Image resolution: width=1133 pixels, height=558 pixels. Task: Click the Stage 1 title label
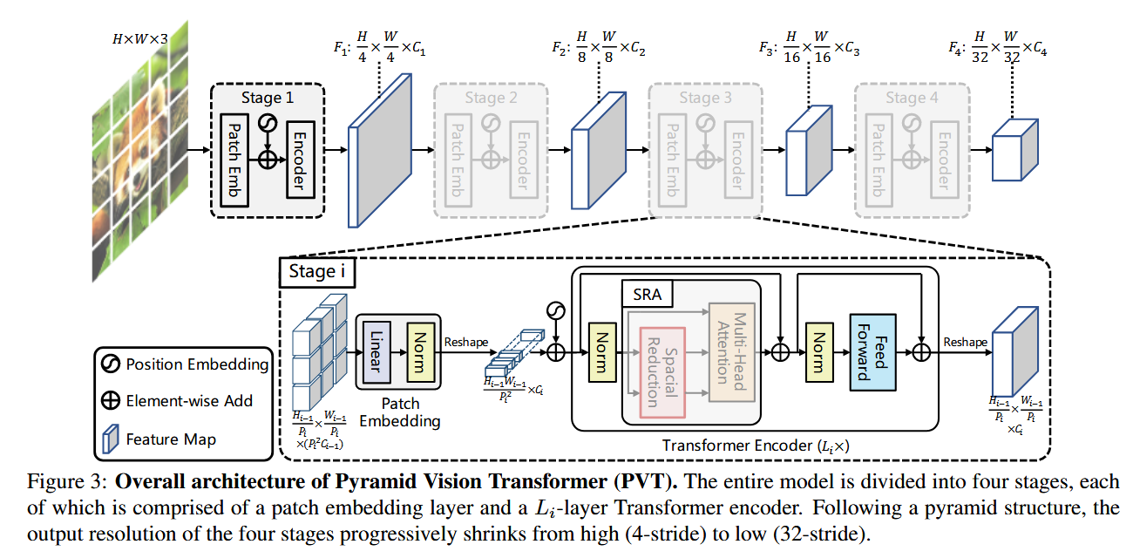[267, 97]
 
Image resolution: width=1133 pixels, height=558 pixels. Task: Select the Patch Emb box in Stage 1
[234, 160]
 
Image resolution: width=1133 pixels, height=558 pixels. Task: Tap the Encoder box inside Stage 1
[301, 160]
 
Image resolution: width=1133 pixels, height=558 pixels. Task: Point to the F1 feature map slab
[380, 151]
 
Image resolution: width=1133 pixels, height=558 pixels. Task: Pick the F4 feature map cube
[1014, 150]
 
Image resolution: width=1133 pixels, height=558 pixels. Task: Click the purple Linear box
[377, 352]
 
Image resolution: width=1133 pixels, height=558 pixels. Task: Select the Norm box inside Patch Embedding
[421, 352]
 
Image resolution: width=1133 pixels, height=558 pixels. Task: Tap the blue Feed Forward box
[872, 352]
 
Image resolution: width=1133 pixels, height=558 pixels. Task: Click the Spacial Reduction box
[662, 372]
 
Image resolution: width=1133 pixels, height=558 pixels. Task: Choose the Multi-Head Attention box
[732, 352]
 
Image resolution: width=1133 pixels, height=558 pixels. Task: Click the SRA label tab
[647, 295]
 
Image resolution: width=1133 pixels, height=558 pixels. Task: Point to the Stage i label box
[317, 272]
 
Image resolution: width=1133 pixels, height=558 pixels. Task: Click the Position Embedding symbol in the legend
[111, 364]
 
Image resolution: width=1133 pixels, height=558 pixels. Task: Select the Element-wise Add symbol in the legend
[111, 401]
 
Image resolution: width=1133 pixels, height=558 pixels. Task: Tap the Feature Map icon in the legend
[111, 439]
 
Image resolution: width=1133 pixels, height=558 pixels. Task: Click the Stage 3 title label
[705, 97]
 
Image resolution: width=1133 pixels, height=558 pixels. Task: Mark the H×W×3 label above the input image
[140, 39]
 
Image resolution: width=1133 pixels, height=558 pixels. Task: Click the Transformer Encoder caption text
[756, 446]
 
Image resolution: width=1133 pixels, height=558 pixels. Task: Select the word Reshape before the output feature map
[965, 342]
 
